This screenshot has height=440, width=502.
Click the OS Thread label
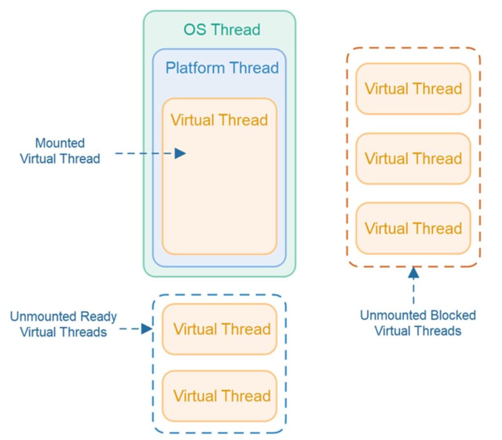222,29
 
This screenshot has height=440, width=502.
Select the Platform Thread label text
222,68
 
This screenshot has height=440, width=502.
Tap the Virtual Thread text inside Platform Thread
219,120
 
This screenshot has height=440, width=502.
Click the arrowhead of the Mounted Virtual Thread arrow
180,154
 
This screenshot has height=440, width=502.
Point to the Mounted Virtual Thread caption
60,151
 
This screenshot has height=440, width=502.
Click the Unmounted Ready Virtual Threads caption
63,324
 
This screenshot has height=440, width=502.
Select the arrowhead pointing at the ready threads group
146,329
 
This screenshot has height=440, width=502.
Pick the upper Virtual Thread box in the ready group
219,329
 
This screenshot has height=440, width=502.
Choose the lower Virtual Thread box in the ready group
219,396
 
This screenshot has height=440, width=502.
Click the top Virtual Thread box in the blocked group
413,89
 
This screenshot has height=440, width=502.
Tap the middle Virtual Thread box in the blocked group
413,159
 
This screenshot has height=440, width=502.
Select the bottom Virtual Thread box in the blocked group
413,229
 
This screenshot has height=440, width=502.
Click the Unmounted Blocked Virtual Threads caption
418,323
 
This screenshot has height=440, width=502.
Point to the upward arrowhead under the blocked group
414,273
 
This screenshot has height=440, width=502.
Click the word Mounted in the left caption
60,143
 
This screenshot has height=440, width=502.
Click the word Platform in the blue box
195,68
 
